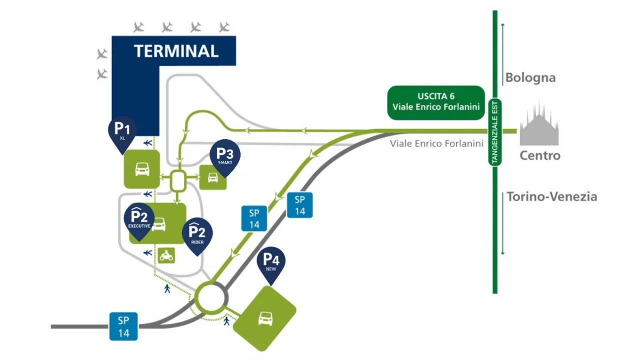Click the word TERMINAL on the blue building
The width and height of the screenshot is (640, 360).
tap(176, 51)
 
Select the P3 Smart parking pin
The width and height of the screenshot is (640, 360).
tap(225, 155)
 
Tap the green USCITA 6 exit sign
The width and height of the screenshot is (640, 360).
tap(436, 102)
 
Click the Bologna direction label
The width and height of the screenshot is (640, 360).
tap(530, 77)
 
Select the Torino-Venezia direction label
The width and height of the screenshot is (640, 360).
tap(552, 196)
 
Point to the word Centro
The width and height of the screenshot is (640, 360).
tap(540, 155)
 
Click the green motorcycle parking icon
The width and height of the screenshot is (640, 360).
tap(166, 255)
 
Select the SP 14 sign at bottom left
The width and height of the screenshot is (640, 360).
tap(123, 326)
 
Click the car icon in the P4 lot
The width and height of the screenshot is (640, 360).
tap(265, 318)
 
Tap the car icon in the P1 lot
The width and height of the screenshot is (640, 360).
tap(142, 169)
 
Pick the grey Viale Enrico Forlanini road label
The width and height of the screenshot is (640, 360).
tap(437, 143)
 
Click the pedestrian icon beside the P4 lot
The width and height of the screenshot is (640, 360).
tap(226, 320)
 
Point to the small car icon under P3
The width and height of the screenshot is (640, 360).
tap(213, 177)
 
